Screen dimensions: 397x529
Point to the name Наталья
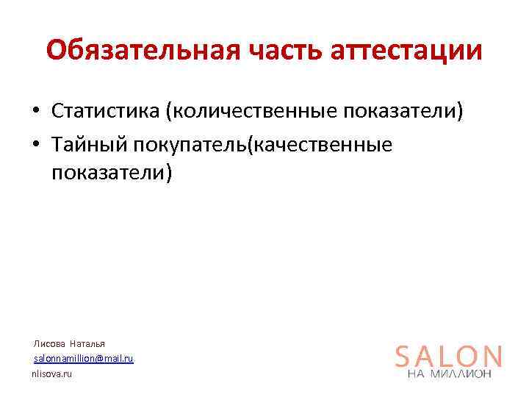(87, 343)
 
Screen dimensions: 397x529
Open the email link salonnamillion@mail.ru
(84, 358)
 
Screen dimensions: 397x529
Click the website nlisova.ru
(52, 374)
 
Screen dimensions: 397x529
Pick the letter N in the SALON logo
(492, 357)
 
